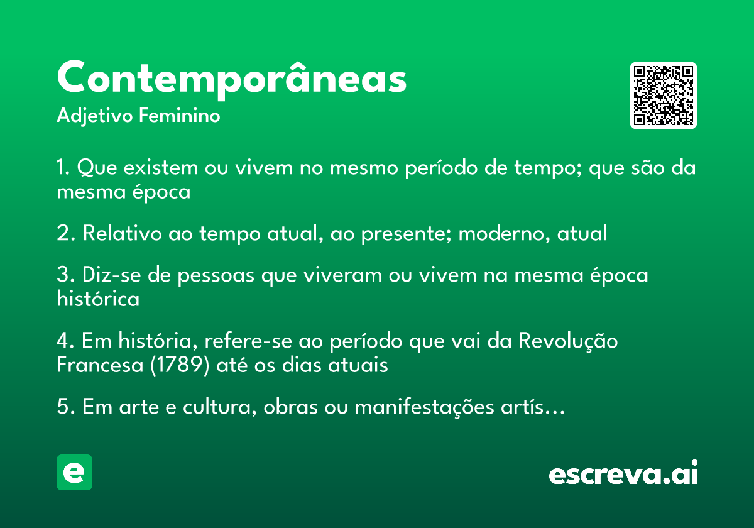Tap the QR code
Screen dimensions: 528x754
pyautogui.click(x=664, y=96)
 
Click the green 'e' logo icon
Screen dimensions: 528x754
pyautogui.click(x=74, y=472)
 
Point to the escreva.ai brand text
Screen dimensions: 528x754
pyautogui.click(x=623, y=474)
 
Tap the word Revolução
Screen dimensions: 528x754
pyautogui.click(x=568, y=341)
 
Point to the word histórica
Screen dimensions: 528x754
pyautogui.click(x=98, y=299)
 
